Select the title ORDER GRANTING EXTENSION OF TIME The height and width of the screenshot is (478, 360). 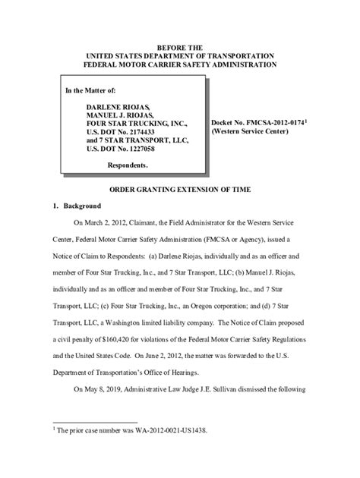point(180,188)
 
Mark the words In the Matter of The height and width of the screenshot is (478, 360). point(90,91)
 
